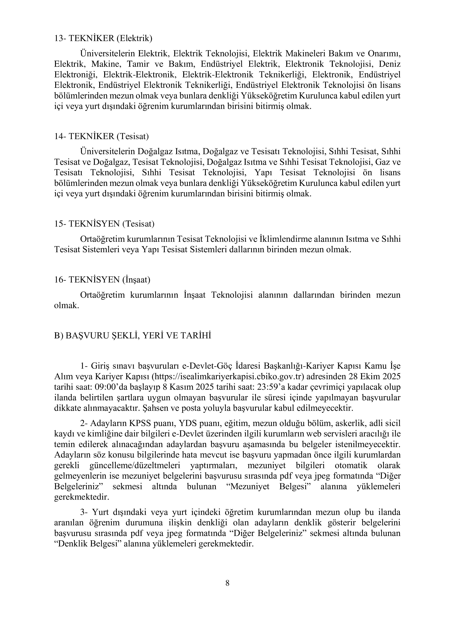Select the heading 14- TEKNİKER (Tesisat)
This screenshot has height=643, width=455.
click(x=101, y=136)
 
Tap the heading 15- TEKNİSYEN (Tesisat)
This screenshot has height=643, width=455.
click(x=104, y=224)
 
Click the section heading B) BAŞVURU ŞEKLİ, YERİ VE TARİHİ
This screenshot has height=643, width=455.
click(x=133, y=335)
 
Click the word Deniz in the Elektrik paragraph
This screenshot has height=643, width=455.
click(x=390, y=64)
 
